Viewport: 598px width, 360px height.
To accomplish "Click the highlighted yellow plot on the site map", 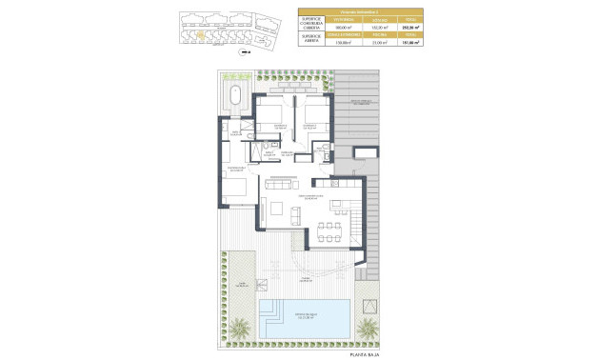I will coord(200,36).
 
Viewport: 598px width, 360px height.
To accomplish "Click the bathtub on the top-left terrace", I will coord(234,93).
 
